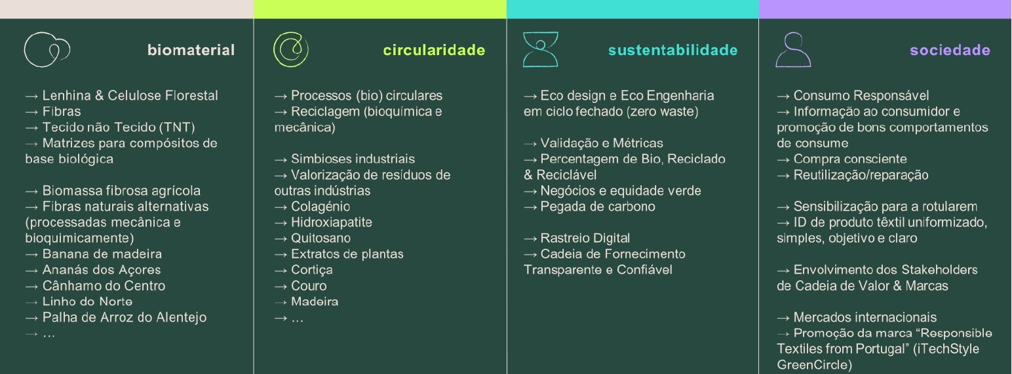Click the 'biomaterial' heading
(191, 50)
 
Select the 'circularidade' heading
(434, 50)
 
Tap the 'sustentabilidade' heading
(673, 50)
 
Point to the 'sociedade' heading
(950, 50)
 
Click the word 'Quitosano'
(321, 238)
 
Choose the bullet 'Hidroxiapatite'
(323, 222)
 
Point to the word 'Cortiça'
(312, 270)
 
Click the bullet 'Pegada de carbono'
(589, 207)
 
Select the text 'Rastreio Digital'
(585, 238)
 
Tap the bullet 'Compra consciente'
(842, 159)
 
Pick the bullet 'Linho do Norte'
(79, 302)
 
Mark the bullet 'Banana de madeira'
(94, 254)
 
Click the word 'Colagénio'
(321, 207)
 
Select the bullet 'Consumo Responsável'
(853, 95)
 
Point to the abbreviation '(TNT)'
(177, 127)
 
